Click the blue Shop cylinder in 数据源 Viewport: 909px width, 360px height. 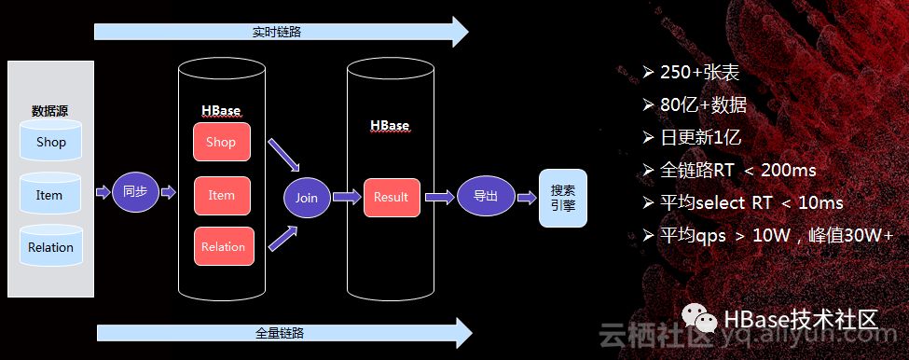[50, 140]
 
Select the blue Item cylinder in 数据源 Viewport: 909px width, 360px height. [50, 194]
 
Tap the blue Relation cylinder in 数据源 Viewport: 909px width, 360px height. [50, 246]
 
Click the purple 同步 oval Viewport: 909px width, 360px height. [135, 192]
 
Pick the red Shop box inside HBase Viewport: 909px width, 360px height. [222, 142]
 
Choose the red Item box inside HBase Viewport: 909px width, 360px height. [222, 196]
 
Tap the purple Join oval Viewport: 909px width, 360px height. [307, 198]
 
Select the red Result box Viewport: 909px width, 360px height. [392, 198]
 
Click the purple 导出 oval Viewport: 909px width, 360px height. [486, 196]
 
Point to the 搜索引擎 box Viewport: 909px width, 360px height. [563, 199]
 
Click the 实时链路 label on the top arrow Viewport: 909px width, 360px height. [277, 32]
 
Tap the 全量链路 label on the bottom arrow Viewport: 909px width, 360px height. [280, 333]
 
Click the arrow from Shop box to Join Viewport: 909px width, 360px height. [283, 154]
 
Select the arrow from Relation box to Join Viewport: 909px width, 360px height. [282, 238]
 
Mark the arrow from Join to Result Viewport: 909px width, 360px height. [347, 197]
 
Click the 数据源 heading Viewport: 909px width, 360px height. [50, 111]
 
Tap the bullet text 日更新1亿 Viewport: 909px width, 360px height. [701, 137]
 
